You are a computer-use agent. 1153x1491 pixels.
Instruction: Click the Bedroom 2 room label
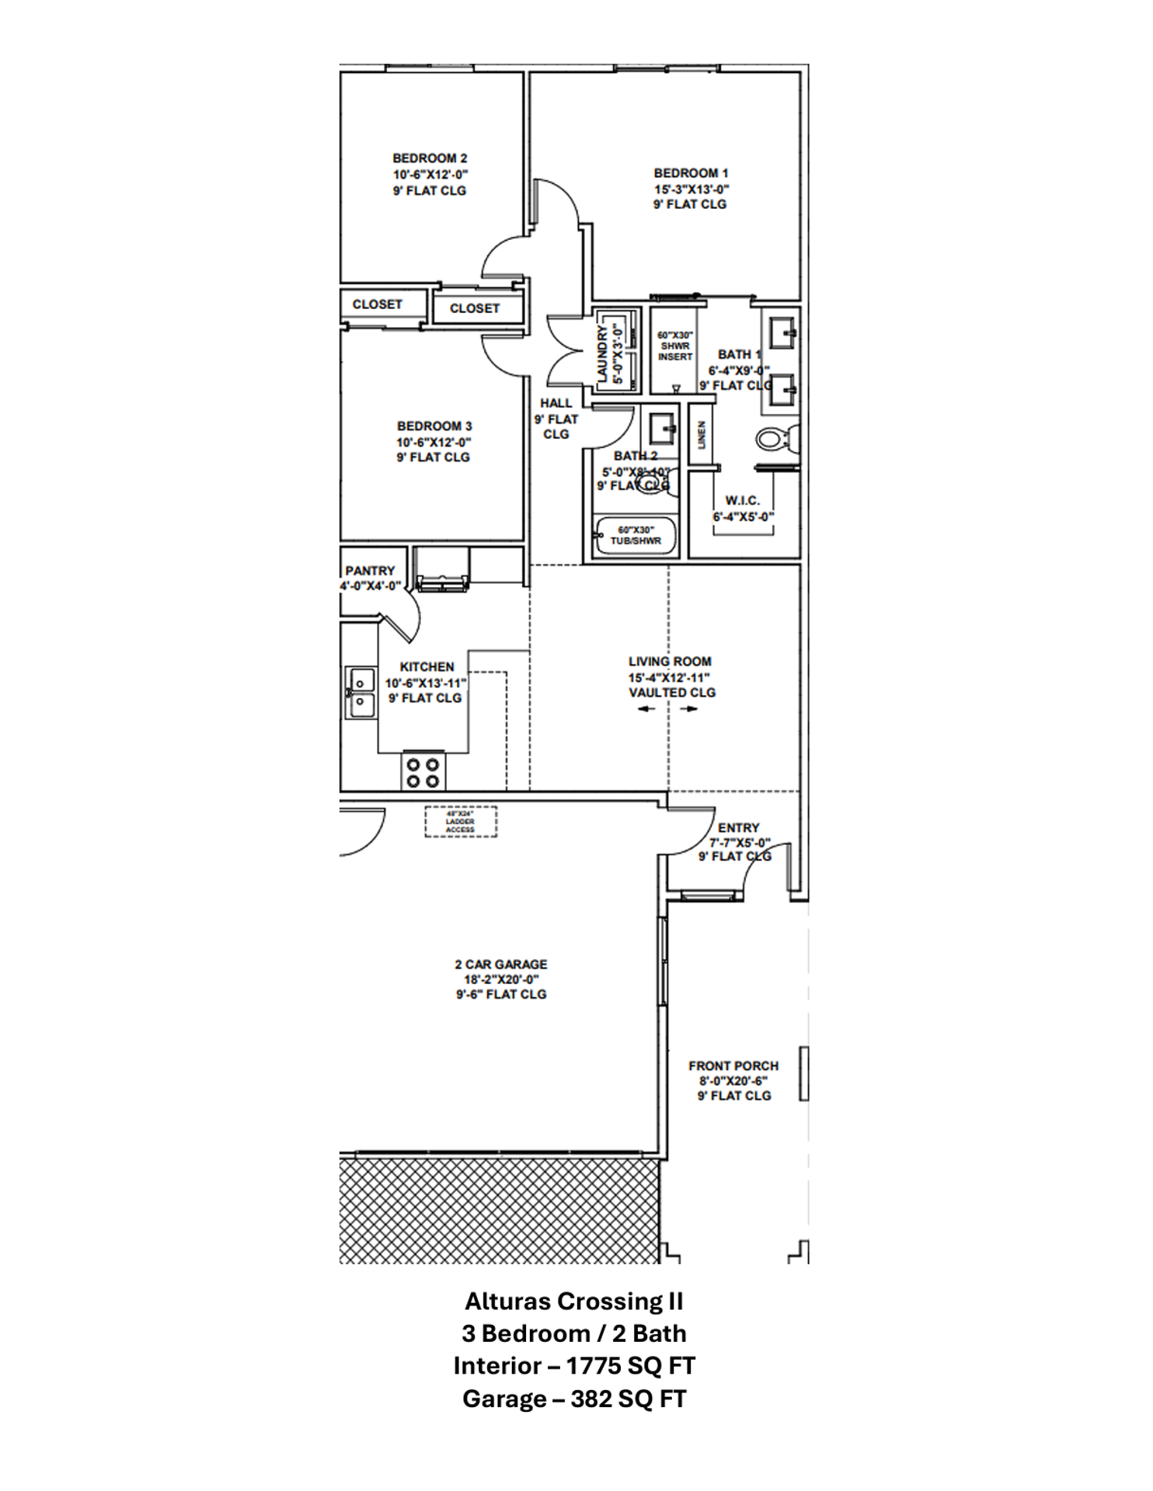pyautogui.click(x=429, y=158)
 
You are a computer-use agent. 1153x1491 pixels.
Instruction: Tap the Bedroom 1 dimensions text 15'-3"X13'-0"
pyautogui.click(x=691, y=189)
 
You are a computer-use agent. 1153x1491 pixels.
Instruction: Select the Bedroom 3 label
pyautogui.click(x=434, y=426)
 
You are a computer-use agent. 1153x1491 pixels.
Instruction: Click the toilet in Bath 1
pyautogui.click(x=774, y=440)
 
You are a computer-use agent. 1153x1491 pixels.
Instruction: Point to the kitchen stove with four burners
pyautogui.click(x=423, y=773)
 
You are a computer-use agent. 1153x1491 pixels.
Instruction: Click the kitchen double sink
pyautogui.click(x=360, y=693)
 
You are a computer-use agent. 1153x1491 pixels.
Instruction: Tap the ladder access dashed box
pyautogui.click(x=460, y=822)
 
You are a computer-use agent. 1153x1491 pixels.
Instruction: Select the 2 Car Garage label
pyautogui.click(x=500, y=964)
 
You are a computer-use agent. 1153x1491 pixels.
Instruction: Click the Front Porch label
pyautogui.click(x=733, y=1066)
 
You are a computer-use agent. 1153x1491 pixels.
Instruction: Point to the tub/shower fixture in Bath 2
pyautogui.click(x=635, y=536)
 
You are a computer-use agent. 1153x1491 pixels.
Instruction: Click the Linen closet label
pyautogui.click(x=702, y=436)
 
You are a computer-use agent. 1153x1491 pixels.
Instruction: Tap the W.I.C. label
pyautogui.click(x=742, y=501)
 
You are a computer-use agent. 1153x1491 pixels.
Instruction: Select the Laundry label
pyautogui.click(x=602, y=354)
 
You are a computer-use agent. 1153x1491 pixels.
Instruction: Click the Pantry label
pyautogui.click(x=370, y=571)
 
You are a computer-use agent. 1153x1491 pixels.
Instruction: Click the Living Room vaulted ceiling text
pyautogui.click(x=671, y=693)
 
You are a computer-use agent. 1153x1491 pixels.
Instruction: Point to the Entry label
pyautogui.click(x=738, y=828)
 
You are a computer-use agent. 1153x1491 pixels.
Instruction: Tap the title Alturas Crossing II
pyautogui.click(x=574, y=1301)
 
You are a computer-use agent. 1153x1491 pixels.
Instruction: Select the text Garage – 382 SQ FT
pyautogui.click(x=574, y=1399)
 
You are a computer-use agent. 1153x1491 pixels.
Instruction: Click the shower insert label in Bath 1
pyautogui.click(x=674, y=346)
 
